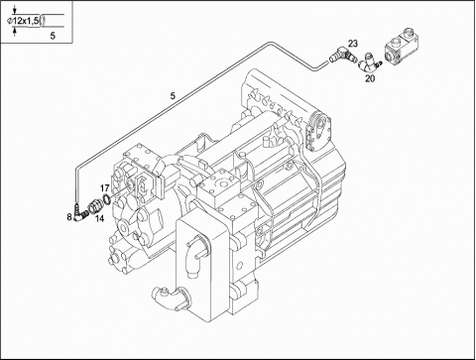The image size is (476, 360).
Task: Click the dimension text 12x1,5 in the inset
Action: (x=26, y=21)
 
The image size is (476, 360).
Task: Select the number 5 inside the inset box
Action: (x=53, y=36)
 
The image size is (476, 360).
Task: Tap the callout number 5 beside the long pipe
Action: (x=173, y=96)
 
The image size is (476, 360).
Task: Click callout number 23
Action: (x=353, y=44)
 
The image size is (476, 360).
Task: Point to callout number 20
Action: (x=370, y=78)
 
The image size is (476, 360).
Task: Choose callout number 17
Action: (x=105, y=188)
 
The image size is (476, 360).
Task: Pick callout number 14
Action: (x=99, y=218)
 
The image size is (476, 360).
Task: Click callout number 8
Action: (x=69, y=217)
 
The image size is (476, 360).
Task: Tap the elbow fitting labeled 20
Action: (x=368, y=62)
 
